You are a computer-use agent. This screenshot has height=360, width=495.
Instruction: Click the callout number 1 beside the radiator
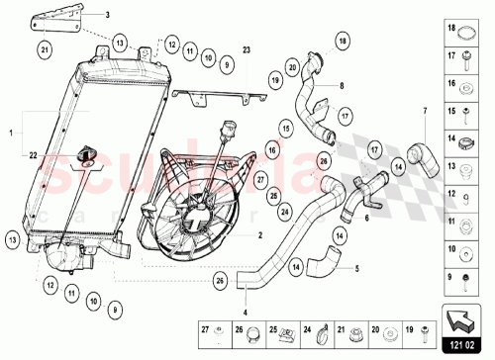point(12,131)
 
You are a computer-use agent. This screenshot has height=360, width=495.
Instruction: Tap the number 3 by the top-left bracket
point(109,16)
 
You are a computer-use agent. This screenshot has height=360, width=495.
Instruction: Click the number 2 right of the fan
point(259,236)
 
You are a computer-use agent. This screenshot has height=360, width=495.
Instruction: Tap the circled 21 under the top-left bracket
point(45,47)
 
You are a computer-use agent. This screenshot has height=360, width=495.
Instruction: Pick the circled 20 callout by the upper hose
point(293,66)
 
